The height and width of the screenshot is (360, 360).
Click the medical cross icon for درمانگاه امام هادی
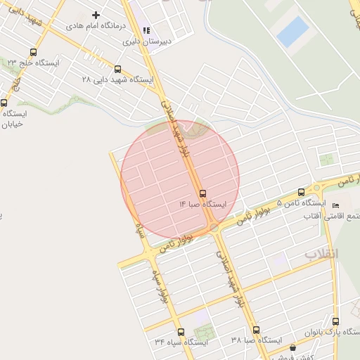click(x=96, y=15)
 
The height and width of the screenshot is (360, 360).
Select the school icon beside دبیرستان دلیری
click(x=147, y=30)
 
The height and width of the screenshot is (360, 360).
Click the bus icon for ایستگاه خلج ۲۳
click(x=34, y=51)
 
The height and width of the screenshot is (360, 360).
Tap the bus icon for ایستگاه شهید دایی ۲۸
click(x=117, y=70)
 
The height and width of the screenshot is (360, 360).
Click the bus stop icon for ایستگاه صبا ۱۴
click(x=203, y=193)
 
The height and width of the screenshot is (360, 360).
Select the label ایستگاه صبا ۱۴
click(x=202, y=204)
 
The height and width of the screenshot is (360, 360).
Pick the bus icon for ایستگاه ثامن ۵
click(x=302, y=192)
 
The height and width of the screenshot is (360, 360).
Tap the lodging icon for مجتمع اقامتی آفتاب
click(x=324, y=205)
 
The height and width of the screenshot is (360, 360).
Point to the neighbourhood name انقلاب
click(x=321, y=253)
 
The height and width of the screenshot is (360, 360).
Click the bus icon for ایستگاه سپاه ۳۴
click(x=181, y=332)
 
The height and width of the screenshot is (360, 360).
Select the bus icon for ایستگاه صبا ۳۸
click(x=255, y=330)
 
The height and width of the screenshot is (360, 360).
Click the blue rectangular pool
click(x=292, y=32)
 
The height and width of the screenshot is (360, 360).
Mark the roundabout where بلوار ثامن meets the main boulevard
click(x=213, y=228)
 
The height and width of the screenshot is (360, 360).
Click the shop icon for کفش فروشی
click(x=292, y=347)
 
